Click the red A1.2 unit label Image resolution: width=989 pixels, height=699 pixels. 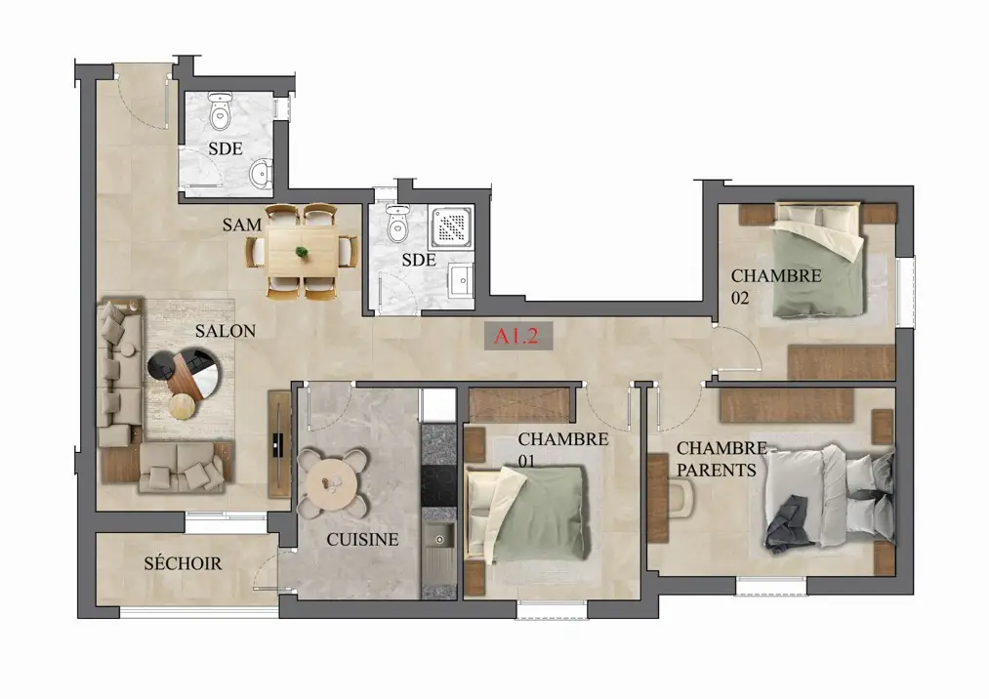[x=516, y=335]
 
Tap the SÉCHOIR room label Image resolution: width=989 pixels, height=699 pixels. [x=183, y=562]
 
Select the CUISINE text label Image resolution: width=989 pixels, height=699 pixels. [x=362, y=540]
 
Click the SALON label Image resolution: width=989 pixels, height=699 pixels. [x=225, y=331]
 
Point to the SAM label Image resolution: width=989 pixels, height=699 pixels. [x=241, y=225]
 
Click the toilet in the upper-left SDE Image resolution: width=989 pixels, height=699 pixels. [x=220, y=111]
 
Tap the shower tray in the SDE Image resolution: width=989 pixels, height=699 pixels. [x=452, y=226]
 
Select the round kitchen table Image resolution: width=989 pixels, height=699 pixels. [x=332, y=482]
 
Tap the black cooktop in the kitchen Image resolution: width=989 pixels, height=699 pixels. [x=438, y=485]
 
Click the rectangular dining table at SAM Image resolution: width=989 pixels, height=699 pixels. [x=302, y=251]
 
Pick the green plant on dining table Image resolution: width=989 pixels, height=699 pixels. [x=302, y=252]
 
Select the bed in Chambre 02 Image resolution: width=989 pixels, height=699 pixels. [x=818, y=260]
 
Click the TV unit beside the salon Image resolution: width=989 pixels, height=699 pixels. [x=279, y=444]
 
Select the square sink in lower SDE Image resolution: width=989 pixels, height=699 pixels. [x=461, y=280]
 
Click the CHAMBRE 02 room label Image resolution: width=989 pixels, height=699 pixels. [x=776, y=286]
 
